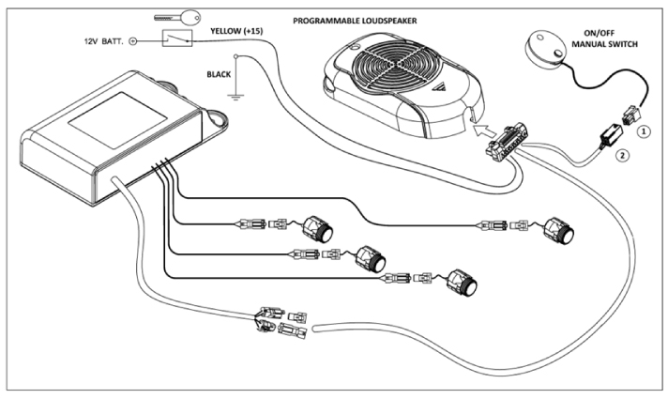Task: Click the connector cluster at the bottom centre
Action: click(274, 323)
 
